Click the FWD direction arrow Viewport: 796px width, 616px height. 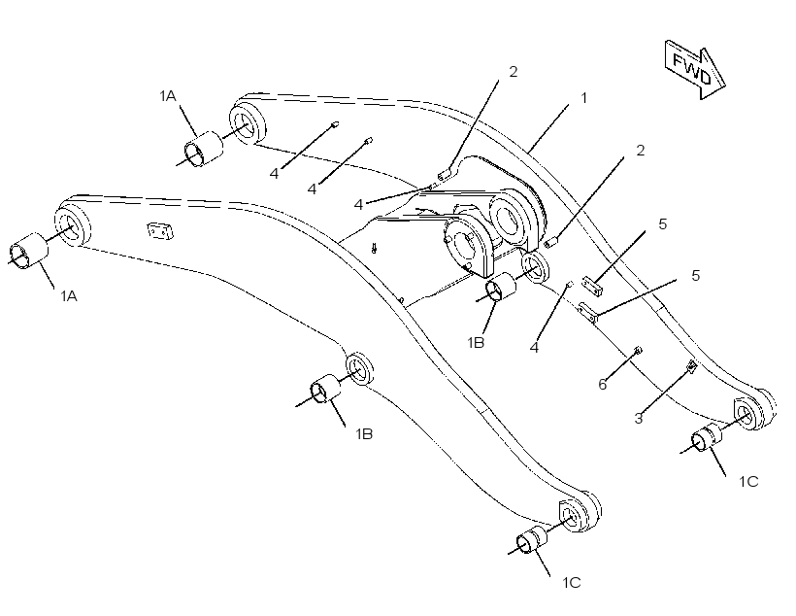coord(694,69)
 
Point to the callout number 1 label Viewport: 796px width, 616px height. coord(583,97)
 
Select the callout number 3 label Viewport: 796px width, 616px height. coord(639,419)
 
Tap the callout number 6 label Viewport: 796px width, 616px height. coord(603,384)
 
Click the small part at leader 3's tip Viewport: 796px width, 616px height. coord(691,365)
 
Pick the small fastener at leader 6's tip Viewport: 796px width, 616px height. coord(638,349)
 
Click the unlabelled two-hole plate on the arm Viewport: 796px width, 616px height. coord(160,230)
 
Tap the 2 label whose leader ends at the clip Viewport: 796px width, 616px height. coord(514,72)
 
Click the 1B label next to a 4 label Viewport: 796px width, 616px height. coord(476,343)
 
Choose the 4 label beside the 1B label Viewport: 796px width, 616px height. coord(534,348)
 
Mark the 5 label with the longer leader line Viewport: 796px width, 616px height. coord(695,276)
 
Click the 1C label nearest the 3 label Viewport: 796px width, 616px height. coord(748,481)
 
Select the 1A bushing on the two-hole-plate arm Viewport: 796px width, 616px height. coord(28,251)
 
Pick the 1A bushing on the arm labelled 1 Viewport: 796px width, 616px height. coord(203,149)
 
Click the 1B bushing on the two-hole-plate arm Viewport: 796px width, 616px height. coord(325,389)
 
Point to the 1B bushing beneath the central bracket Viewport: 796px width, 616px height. coord(501,288)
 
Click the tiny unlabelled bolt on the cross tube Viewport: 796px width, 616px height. coord(374,248)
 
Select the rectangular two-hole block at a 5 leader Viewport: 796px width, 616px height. coord(592,286)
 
